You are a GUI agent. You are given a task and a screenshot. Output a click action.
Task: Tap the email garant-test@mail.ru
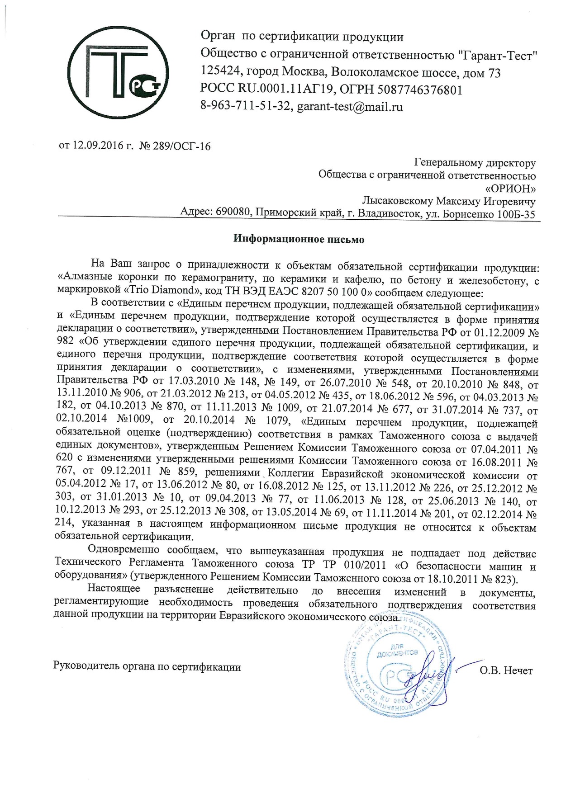[350, 107]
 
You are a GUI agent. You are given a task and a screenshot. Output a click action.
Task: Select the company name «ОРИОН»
[510, 188]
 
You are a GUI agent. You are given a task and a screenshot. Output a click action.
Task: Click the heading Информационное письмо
[299, 239]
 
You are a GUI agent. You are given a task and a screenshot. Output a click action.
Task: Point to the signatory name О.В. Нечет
[506, 670]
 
